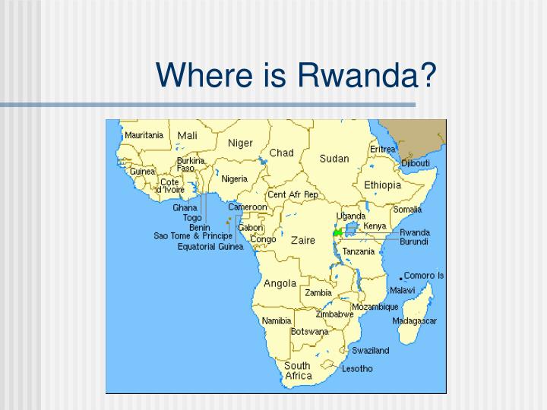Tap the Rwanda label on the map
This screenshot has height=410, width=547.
[x=415, y=232]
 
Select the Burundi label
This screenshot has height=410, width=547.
[x=414, y=241]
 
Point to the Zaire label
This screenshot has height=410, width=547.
[x=302, y=240]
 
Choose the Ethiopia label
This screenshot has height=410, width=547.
[x=382, y=185]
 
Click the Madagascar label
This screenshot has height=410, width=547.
[x=414, y=320]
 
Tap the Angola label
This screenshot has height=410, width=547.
[x=280, y=283]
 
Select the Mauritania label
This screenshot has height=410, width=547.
[x=144, y=135]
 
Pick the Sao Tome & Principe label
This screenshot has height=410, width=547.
[x=193, y=236]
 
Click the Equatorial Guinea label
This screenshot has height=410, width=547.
[x=210, y=246]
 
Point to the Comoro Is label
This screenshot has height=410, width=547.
[x=424, y=276]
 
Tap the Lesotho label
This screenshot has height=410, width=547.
[x=357, y=369]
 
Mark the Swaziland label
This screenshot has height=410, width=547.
[x=370, y=351]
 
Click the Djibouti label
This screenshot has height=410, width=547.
[x=416, y=163]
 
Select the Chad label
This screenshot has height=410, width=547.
[x=281, y=153]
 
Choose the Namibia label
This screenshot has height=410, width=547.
[x=277, y=320]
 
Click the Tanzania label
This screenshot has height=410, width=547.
[x=359, y=251]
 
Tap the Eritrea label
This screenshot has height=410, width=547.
[x=383, y=150]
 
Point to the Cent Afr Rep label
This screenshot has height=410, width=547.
[x=292, y=195]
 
